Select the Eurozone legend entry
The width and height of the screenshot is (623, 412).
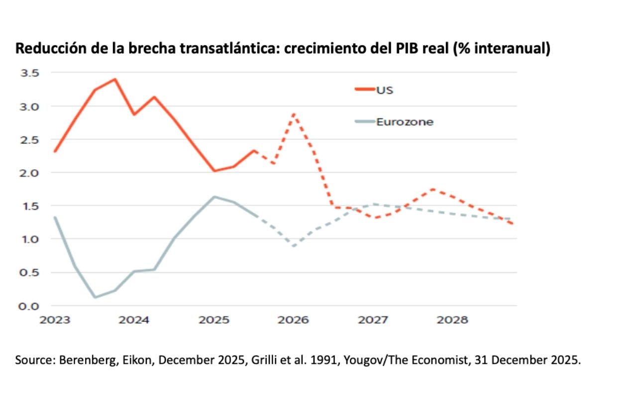405,122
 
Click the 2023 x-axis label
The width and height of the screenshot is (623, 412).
55,320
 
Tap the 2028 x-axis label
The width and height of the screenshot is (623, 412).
452,320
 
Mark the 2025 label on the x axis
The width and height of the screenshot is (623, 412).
214,320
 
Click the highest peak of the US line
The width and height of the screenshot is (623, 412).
115,79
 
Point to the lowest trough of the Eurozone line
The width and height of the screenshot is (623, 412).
95,298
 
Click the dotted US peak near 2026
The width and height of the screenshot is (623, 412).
294,114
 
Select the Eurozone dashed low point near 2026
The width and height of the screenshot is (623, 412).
294,246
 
